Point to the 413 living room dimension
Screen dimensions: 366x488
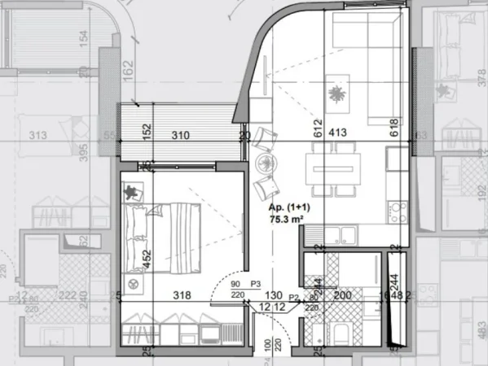337,130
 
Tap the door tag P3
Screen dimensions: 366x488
254,284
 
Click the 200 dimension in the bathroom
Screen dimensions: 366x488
343,296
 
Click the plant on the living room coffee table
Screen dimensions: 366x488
336,94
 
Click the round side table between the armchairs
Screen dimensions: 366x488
266,163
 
